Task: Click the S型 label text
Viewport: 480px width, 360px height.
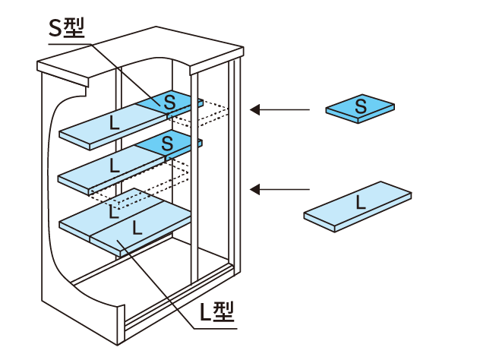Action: pos(66,27)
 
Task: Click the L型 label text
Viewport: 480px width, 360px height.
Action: pos(216,311)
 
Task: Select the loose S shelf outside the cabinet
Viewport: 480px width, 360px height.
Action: pos(360,109)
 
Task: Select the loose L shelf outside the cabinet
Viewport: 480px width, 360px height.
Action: pos(358,205)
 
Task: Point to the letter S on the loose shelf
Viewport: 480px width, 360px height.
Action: pos(361,107)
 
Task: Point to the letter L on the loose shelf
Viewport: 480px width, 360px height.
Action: pos(359,203)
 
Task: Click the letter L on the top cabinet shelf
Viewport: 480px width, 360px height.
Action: pos(113,122)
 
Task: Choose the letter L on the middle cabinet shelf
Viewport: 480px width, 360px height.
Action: pos(114,165)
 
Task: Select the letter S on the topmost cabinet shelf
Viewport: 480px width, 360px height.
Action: pos(169,101)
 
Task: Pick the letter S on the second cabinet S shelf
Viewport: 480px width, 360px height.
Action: pos(168,141)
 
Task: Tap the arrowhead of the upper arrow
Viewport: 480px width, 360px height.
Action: pos(256,110)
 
